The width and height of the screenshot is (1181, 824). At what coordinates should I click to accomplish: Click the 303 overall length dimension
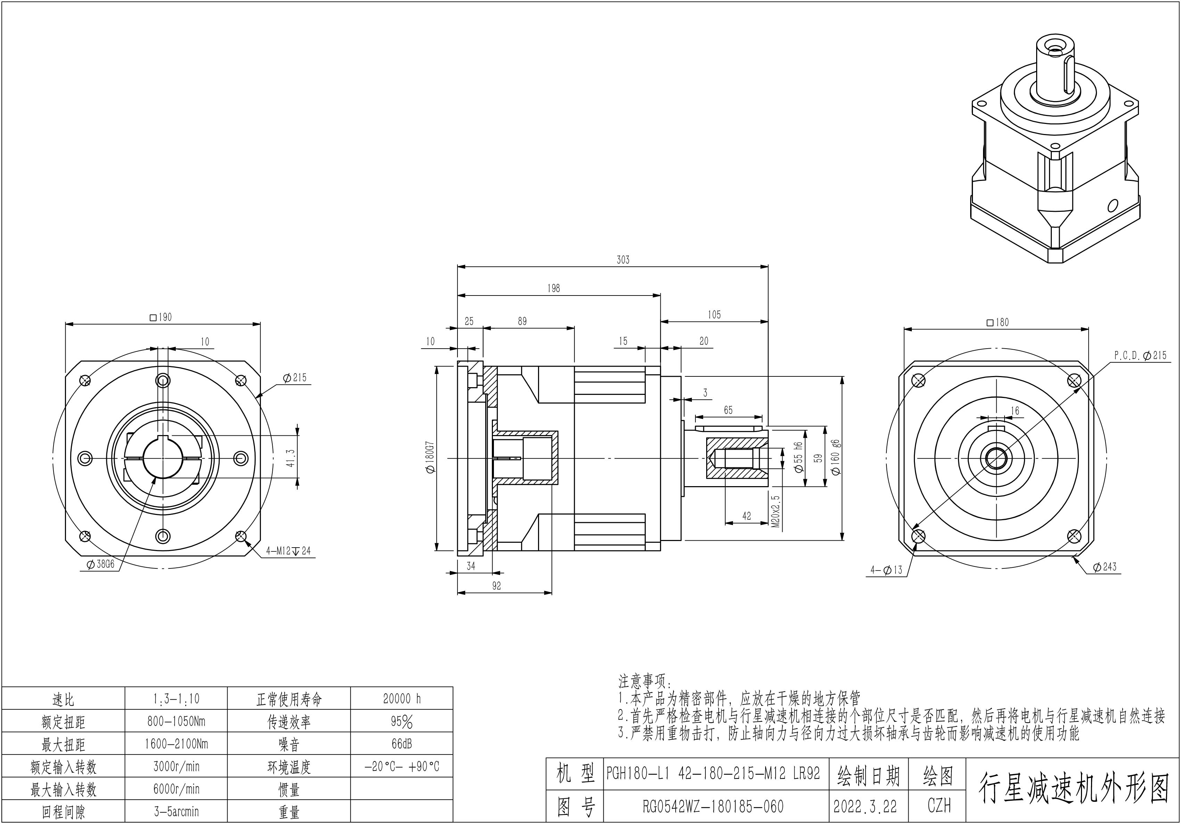[622, 260]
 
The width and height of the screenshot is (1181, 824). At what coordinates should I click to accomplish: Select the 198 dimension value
[553, 289]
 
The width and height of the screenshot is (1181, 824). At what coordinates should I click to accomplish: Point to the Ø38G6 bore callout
[101, 565]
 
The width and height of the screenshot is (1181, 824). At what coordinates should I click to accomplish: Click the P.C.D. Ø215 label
[1140, 356]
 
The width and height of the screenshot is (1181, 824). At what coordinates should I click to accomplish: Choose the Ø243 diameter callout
[1104, 567]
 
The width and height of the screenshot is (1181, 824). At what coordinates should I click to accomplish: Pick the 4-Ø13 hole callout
[886, 570]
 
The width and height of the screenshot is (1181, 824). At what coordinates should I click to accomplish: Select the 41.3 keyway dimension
[291, 458]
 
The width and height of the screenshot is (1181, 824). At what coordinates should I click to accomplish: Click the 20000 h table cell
[402, 699]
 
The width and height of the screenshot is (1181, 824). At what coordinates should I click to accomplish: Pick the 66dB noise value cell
[402, 744]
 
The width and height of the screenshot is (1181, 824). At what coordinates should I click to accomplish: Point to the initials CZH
[939, 806]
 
